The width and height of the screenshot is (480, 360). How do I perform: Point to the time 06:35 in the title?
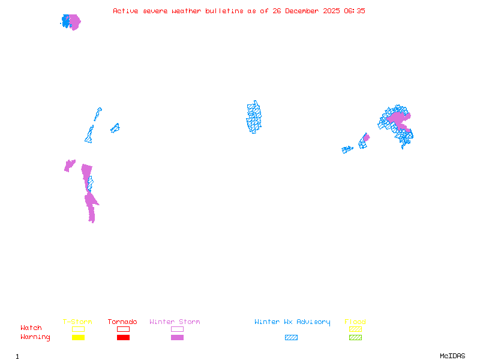353,11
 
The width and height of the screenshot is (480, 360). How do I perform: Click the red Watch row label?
31,328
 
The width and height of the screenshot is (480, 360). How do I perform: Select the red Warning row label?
35,337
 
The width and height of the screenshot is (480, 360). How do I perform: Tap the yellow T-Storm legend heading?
77,322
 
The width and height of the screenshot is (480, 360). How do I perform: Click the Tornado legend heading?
122,322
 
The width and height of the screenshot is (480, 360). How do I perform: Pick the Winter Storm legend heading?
175,322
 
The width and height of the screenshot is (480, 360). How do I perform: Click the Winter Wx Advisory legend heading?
292,322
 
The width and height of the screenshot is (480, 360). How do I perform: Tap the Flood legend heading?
355,322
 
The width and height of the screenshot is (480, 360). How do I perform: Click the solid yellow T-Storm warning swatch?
78,338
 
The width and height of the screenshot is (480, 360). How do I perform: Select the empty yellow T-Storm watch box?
78,329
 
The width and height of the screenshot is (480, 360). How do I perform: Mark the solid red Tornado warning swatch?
123,338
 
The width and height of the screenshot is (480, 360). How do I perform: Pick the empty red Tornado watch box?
123,329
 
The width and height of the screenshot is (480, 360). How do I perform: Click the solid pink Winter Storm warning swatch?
177,338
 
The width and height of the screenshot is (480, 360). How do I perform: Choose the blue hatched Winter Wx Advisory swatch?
291,338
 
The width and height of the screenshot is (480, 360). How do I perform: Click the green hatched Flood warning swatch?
355,338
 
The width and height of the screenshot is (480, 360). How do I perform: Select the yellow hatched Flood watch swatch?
355,329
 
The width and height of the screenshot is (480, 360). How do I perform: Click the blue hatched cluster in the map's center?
254,117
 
